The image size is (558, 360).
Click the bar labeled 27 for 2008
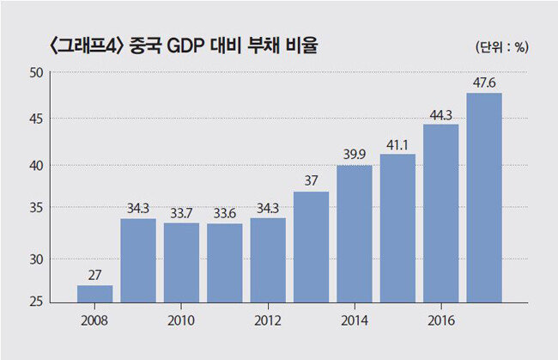click(94, 294)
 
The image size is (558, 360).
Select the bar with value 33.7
click(181, 262)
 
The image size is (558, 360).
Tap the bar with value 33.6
click(224, 262)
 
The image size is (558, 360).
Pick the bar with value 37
click(311, 247)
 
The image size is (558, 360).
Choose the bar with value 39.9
click(354, 234)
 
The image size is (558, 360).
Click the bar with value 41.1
click(397, 228)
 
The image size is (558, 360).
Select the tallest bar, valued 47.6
click(484, 198)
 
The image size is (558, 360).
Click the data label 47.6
click(484, 84)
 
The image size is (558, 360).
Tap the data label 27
click(94, 276)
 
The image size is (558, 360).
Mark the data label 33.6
click(224, 214)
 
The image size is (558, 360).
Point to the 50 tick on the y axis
click(36, 72)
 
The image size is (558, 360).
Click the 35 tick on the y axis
click(36, 208)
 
